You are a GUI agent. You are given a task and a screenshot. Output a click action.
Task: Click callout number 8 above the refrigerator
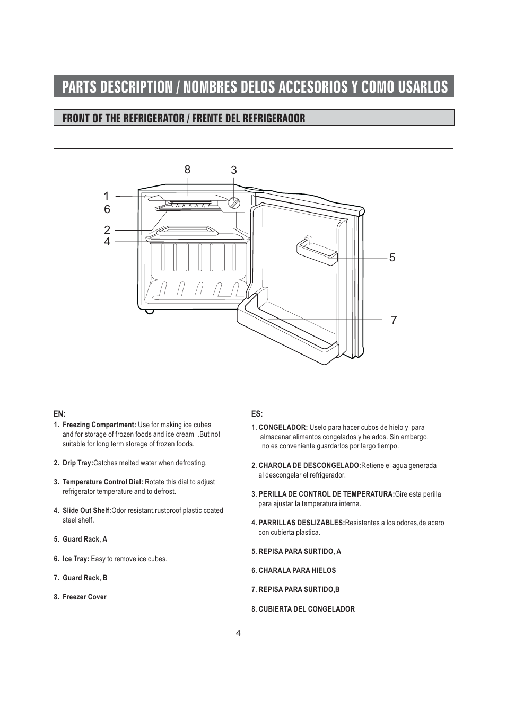187,170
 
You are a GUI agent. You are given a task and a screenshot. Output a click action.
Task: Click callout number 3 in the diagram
233,170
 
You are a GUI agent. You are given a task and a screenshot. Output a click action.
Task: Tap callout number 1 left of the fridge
107,196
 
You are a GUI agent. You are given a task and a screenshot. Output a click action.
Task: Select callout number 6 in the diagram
107,209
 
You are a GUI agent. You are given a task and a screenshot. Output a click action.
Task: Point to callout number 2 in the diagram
107,230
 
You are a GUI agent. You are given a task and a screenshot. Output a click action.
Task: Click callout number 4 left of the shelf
107,242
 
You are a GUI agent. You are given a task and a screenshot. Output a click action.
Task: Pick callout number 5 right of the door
392,258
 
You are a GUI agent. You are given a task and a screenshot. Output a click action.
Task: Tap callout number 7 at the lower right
394,320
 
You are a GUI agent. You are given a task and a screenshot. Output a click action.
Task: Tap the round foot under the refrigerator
150,311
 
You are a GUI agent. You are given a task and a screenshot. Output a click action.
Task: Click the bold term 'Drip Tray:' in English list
77,463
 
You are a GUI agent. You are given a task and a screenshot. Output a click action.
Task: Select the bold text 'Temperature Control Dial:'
103,482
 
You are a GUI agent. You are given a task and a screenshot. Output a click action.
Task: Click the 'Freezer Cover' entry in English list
84,597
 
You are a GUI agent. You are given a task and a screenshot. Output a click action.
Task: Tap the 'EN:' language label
59,413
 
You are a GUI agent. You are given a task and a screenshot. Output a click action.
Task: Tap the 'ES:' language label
257,413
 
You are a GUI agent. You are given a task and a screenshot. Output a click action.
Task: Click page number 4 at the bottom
238,633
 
